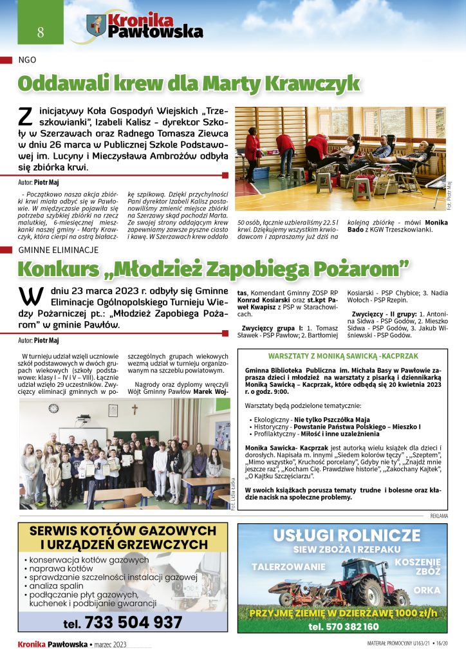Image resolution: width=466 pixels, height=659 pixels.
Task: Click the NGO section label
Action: [x=28, y=60]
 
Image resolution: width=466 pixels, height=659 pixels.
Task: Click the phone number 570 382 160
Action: [x=343, y=626]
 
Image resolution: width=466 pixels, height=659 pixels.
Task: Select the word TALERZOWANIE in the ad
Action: [x=288, y=567]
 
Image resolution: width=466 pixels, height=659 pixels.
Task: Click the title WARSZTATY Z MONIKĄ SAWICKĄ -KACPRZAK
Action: [x=342, y=356]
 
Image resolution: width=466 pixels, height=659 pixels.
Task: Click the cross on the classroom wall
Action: [x=135, y=409]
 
